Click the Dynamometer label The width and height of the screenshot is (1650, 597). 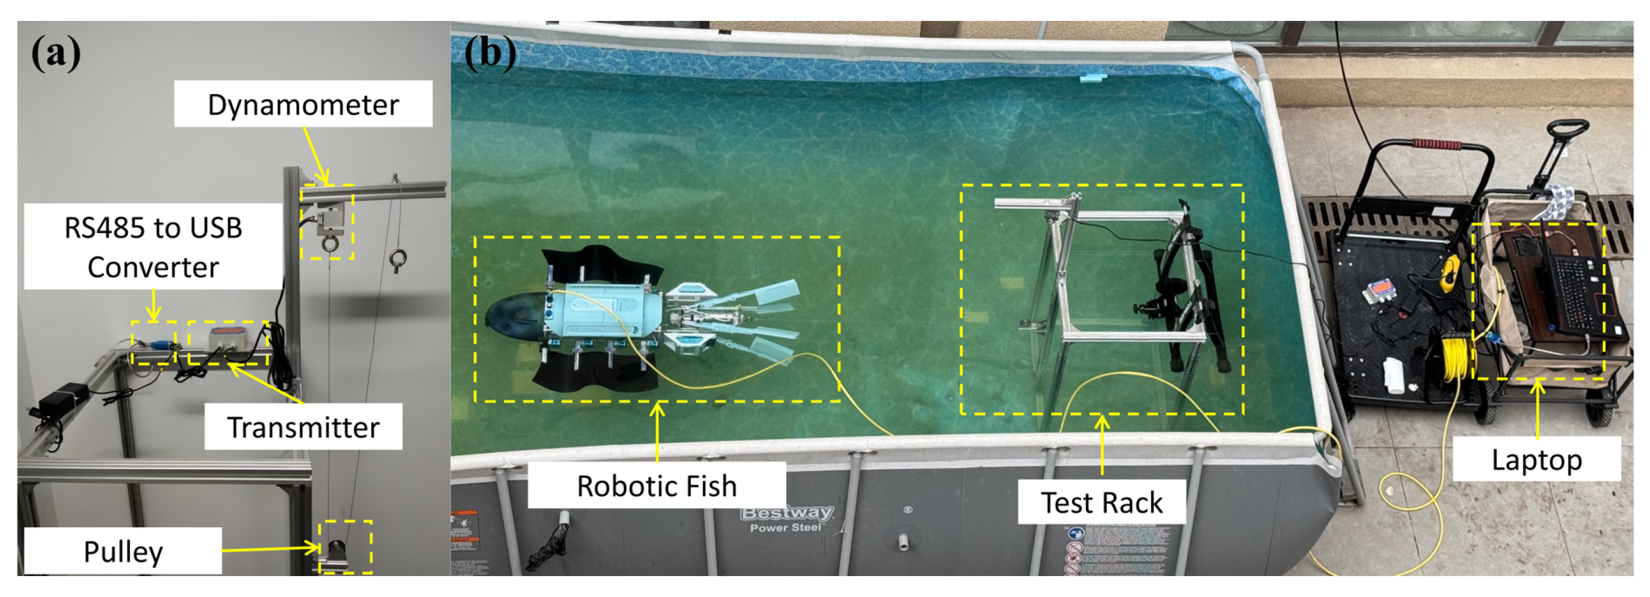click(303, 104)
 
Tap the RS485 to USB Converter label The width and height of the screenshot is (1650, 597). click(153, 247)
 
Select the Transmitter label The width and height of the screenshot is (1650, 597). click(303, 427)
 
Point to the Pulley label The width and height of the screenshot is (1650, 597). click(123, 551)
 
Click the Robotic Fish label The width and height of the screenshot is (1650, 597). click(657, 485)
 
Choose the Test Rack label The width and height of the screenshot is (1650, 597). click(1101, 502)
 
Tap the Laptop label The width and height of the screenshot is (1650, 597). click(1536, 459)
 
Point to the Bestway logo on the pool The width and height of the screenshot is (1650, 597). click(787, 513)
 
